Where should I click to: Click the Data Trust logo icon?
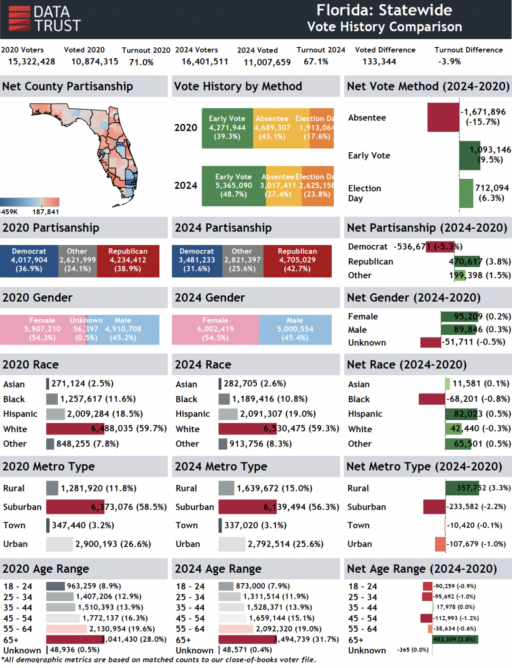[20, 18]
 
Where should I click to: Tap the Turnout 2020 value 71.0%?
[141, 62]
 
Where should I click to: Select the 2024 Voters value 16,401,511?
[205, 62]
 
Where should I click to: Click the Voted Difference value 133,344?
[379, 62]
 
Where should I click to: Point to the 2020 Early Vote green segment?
[227, 128]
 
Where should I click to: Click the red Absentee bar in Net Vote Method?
[443, 117]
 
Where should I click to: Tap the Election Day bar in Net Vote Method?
[466, 193]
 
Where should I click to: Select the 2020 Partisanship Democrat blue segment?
[29, 261]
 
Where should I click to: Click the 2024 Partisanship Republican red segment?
[297, 261]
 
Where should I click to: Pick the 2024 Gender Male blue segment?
[295, 330]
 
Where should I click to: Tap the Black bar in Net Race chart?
[432, 399]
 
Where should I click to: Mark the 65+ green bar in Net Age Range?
[455, 639]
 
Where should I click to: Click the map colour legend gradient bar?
[30, 202]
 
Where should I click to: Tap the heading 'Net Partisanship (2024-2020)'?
[427, 228]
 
